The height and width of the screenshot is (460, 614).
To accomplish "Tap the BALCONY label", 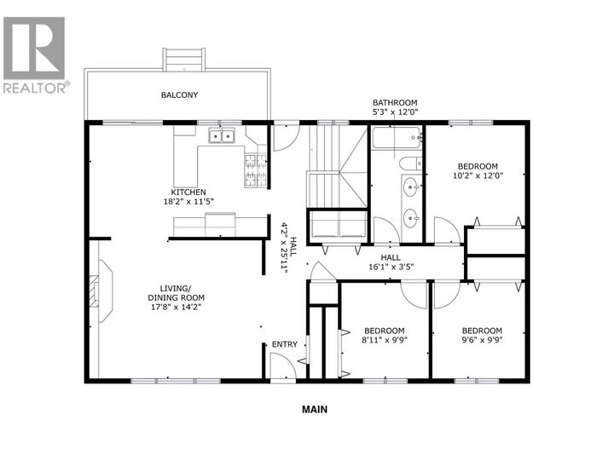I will [179, 95].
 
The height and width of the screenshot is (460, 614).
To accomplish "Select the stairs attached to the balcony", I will [185, 60].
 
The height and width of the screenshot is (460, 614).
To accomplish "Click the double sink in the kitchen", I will [223, 135].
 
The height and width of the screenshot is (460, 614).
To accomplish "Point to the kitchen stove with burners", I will [254, 170].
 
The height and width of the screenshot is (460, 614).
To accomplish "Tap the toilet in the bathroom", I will [408, 164].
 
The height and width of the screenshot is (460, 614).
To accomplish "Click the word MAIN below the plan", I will [315, 409].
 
